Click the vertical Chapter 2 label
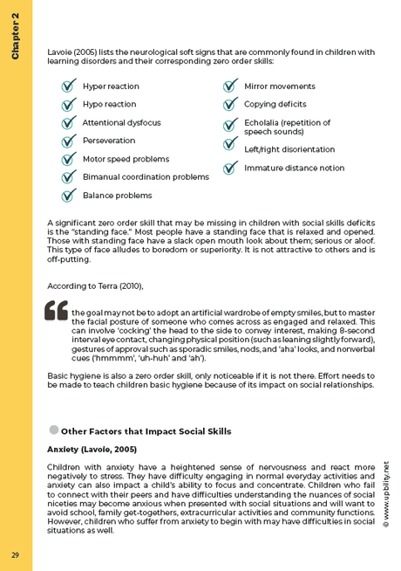pos(16,38)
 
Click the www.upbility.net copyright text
pos(385,493)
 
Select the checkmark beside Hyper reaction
pos(68,86)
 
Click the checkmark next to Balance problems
pos(68,196)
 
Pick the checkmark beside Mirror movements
pos(230,86)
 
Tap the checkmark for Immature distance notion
pos(230,168)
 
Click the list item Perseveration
pos(109,141)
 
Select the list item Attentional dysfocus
pos(121,122)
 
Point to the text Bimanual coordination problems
pos(146,177)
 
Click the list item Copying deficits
pos(275,105)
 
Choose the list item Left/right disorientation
pos(289,149)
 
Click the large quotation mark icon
pos(56,310)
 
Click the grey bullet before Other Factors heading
pos(53,430)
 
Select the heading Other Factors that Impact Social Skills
pos(146,431)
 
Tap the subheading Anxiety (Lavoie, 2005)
pos(92,449)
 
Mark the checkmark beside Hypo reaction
pos(68,105)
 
